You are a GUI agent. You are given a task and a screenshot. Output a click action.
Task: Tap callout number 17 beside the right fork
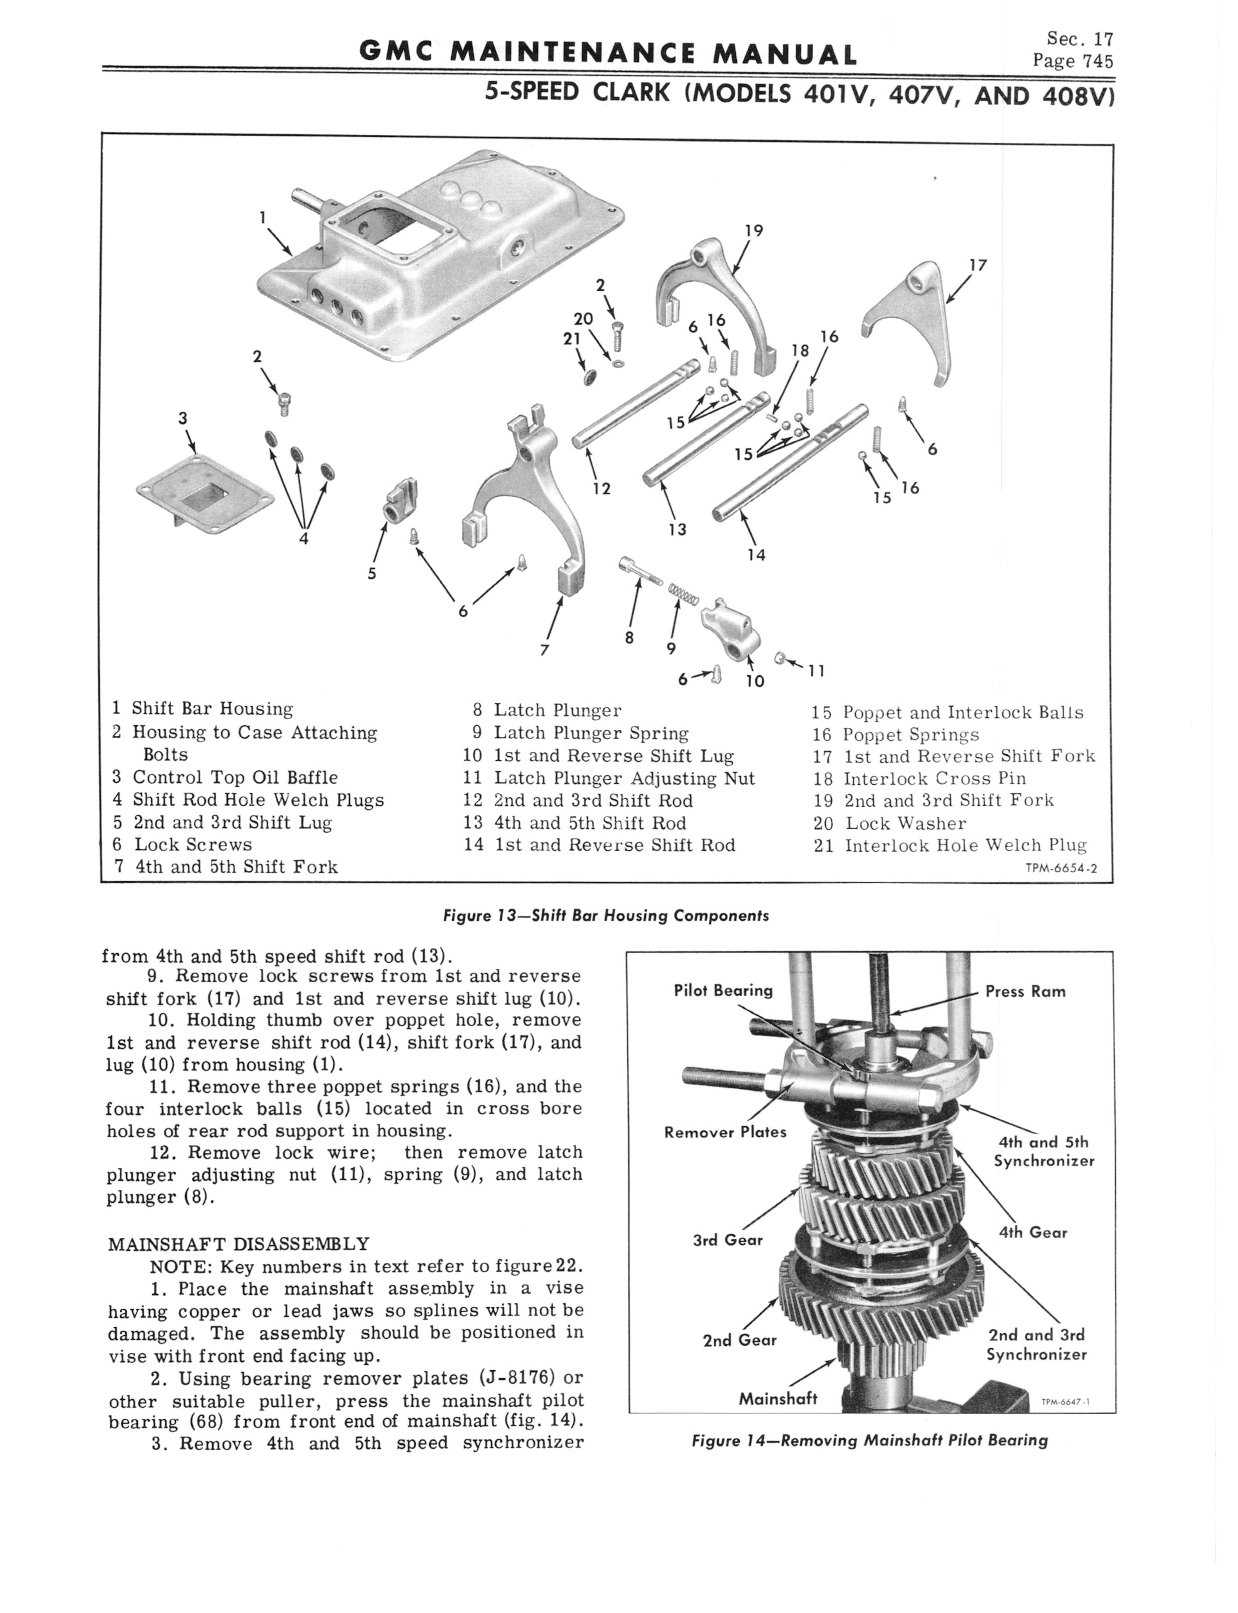click(x=978, y=265)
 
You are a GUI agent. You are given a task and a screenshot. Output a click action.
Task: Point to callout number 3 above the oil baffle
click(x=183, y=419)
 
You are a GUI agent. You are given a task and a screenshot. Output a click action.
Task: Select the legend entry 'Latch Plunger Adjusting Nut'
click(x=623, y=778)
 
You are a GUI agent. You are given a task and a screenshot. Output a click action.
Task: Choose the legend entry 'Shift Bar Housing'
click(x=212, y=709)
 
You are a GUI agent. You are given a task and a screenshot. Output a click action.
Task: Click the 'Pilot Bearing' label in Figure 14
click(x=723, y=991)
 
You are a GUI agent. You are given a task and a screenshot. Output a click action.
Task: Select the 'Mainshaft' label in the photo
click(x=777, y=1399)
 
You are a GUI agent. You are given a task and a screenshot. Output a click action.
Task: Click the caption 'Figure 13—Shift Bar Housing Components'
click(x=605, y=916)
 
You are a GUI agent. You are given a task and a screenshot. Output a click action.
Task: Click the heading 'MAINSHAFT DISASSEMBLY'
click(x=239, y=1244)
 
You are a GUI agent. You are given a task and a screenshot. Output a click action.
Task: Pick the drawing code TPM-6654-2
click(x=1061, y=868)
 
